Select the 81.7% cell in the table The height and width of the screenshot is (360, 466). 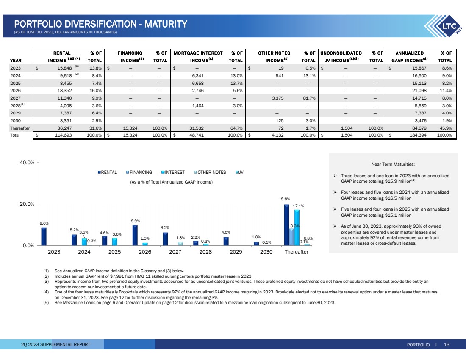click(x=310, y=98)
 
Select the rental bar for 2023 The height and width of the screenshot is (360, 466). click(x=44, y=237)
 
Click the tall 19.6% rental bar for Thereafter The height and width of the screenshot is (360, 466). click(x=287, y=225)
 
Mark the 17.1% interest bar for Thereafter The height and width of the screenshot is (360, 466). click(x=297, y=228)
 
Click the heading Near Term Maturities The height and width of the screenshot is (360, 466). click(x=393, y=164)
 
